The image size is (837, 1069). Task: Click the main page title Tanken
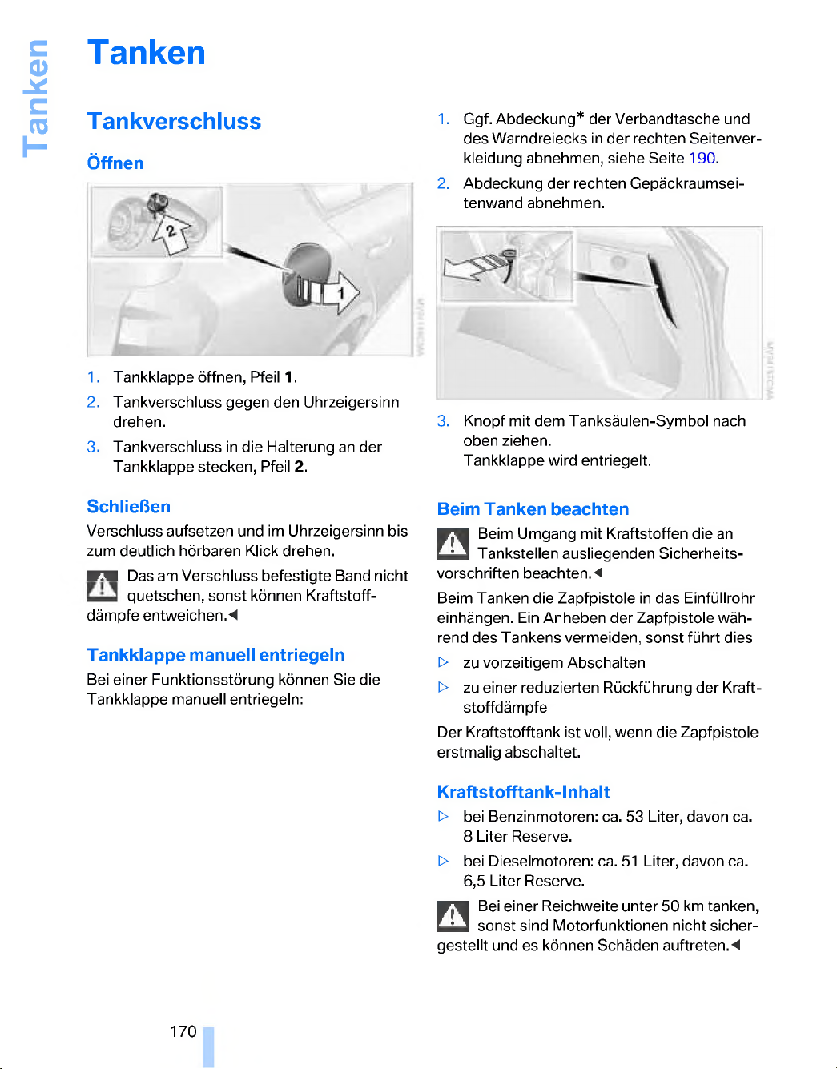pos(147,53)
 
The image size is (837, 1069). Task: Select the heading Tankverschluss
pos(174,121)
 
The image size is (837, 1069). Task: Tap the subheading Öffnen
pos(115,163)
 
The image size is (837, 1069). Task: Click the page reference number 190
pos(702,158)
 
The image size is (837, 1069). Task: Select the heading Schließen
pos(128,506)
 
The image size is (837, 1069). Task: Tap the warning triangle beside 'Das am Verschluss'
pos(102,586)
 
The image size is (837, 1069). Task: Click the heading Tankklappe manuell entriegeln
pos(215,655)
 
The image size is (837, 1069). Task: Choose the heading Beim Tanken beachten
pos(533,509)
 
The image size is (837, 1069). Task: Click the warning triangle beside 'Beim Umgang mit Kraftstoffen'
pos(453,545)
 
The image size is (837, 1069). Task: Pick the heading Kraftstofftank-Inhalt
pos(523,792)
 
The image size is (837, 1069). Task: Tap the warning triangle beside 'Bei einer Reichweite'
pos(453,916)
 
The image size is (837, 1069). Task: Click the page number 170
pos(183,1031)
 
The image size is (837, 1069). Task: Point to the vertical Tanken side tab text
pos(35,98)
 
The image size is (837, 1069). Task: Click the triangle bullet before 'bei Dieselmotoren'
pos(444,862)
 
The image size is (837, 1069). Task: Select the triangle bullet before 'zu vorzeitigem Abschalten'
pos(444,663)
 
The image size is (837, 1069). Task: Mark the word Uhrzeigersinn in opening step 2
pos(351,402)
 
